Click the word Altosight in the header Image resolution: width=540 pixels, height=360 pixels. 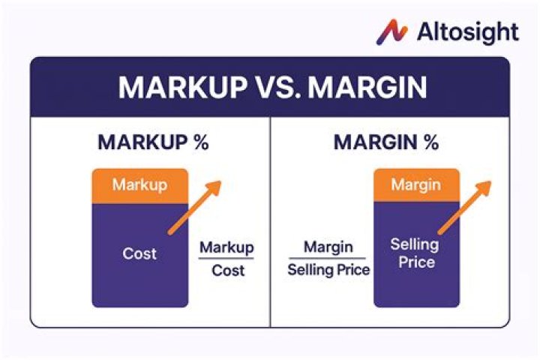466,31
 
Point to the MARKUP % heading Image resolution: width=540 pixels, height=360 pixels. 153,142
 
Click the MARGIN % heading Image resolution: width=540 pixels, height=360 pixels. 385,142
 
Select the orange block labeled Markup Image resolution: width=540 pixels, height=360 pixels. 139,185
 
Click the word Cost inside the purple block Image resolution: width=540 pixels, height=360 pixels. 139,253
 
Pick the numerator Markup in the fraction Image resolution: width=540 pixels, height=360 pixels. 226,247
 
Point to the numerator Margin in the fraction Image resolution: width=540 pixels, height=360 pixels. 328,247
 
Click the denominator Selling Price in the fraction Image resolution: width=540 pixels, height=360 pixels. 328,269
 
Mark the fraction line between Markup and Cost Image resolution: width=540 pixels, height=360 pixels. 226,259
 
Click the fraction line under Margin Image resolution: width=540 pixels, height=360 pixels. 328,258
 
